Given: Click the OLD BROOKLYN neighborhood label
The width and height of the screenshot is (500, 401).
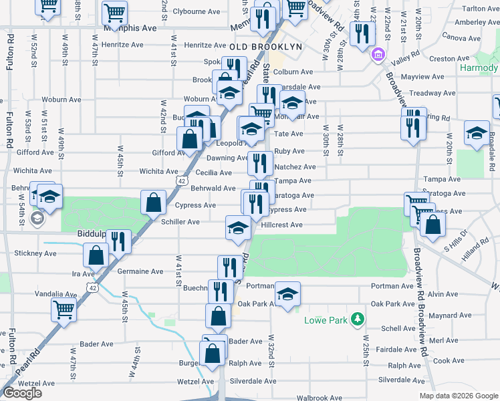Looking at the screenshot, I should (x=265, y=47).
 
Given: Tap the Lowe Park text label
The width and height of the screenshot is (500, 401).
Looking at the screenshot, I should (x=328, y=321).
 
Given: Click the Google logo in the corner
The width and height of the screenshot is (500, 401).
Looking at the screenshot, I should (x=22, y=393).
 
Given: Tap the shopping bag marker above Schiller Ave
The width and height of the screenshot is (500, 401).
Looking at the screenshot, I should (x=154, y=201).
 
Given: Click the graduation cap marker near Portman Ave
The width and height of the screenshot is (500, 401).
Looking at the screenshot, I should (x=287, y=293).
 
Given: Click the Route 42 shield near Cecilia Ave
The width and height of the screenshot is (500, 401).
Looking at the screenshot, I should (x=182, y=180).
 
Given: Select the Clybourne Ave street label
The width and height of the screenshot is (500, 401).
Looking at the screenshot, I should (x=197, y=11).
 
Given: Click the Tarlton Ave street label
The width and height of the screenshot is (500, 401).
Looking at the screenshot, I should (x=481, y=9).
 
